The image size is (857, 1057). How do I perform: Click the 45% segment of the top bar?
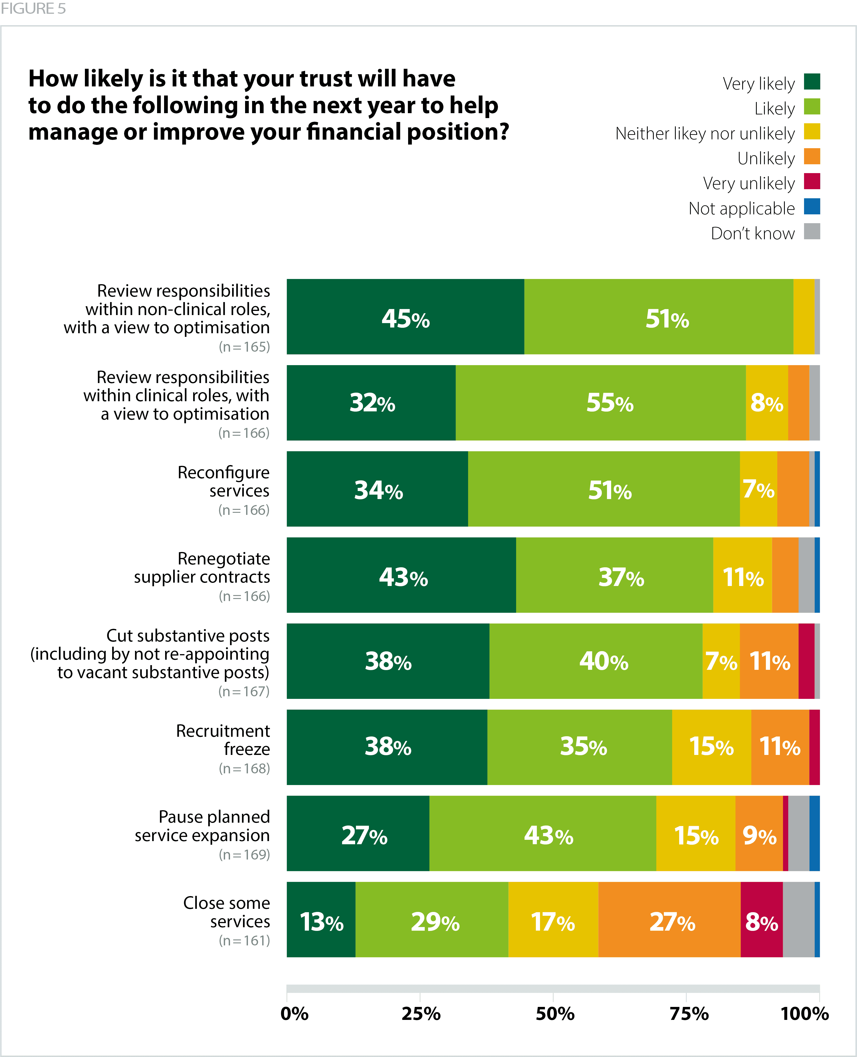tap(405, 317)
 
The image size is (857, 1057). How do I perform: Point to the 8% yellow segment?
tap(767, 403)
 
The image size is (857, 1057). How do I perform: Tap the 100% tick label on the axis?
tap(805, 1014)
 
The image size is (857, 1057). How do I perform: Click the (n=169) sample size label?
tap(244, 855)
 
